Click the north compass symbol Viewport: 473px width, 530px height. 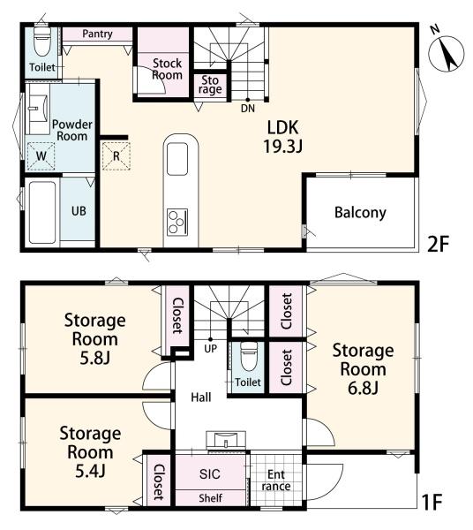(446, 53)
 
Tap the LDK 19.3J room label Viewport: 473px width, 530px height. (283, 137)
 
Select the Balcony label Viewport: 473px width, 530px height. (360, 213)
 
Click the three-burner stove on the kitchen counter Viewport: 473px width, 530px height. (177, 222)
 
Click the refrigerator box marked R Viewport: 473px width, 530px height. (116, 155)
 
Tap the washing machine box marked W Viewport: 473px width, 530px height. (41, 155)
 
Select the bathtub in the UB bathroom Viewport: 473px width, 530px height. (42, 213)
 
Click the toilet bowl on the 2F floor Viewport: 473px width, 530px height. (42, 42)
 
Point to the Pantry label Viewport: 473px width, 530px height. (97, 34)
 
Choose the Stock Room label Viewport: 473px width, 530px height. (167, 69)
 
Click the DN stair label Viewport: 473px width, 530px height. (248, 109)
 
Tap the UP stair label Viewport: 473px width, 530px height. (211, 348)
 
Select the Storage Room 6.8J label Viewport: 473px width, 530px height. (363, 369)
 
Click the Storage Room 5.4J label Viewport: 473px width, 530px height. (90, 452)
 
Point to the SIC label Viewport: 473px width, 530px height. (210, 473)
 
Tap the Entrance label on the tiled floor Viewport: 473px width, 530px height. (276, 481)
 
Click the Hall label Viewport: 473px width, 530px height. (201, 397)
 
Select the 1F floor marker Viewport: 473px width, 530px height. (432, 502)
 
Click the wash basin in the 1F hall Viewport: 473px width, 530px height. (226, 441)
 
